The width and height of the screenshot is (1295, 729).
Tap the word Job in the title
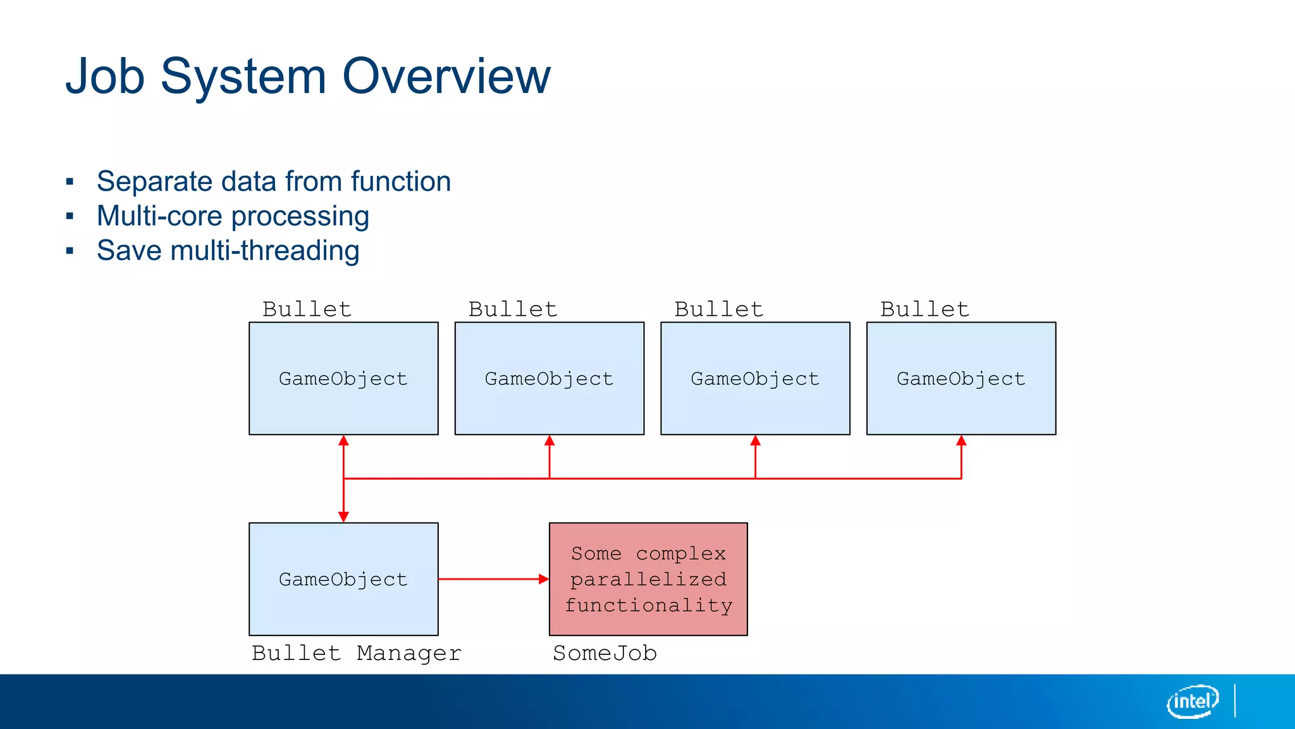pos(105,77)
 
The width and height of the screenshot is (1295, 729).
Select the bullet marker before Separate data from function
pos(70,183)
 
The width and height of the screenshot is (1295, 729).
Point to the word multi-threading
pos(265,251)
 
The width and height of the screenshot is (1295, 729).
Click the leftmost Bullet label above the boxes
pos(307,309)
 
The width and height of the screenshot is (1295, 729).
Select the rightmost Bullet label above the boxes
pos(924,309)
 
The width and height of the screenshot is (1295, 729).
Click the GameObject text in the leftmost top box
pos(343,378)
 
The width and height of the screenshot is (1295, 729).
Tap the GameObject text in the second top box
pos(549,378)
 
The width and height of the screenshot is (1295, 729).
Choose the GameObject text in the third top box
pos(755,378)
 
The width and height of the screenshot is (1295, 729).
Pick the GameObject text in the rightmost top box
pos(961,378)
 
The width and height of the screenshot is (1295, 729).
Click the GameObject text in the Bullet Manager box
pos(343,579)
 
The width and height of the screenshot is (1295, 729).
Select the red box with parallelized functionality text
pos(648,579)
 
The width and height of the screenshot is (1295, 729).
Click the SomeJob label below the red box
pos(605,653)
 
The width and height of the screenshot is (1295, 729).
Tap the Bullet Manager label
pos(357,653)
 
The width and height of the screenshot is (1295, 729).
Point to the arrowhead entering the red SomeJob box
pos(543,579)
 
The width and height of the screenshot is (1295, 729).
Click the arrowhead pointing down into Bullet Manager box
pos(343,517)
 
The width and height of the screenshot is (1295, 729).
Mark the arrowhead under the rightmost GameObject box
pos(961,441)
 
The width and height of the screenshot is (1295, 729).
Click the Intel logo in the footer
pos(1192,701)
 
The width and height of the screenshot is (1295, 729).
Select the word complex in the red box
pos(680,554)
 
